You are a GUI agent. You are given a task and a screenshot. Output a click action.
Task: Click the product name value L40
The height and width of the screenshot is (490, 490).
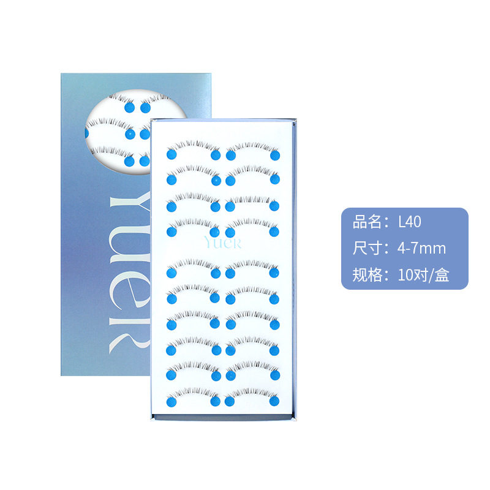pyautogui.click(x=409, y=221)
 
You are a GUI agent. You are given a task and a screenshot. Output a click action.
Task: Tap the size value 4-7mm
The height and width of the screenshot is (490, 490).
pyautogui.click(x=421, y=248)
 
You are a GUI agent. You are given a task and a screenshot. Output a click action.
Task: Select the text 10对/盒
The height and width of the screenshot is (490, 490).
pyautogui.click(x=423, y=275)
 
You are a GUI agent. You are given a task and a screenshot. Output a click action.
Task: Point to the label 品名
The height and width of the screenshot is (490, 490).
pyautogui.click(x=366, y=221)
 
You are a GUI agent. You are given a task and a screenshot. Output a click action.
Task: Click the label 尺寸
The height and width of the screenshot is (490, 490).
pyautogui.click(x=366, y=248)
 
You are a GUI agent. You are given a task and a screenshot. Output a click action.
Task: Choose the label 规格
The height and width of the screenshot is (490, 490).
pyautogui.click(x=366, y=275)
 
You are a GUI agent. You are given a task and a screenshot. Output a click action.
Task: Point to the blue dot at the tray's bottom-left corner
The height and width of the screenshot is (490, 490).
pyautogui.click(x=172, y=402)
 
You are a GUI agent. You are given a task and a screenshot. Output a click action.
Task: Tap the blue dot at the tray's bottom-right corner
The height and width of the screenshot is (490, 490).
pyautogui.click(x=274, y=402)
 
